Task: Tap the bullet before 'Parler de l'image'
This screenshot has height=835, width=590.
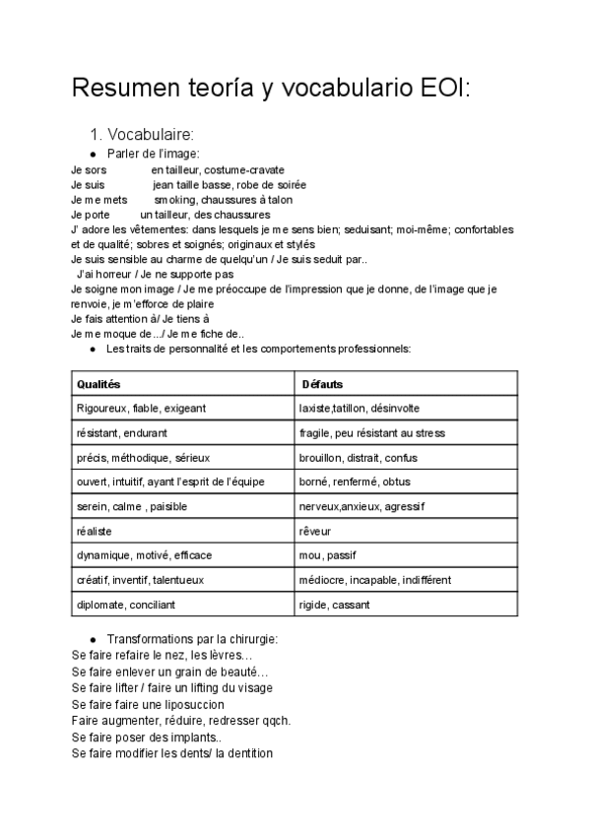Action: pos(92,155)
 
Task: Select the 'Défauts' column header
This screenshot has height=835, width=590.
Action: pos(323,384)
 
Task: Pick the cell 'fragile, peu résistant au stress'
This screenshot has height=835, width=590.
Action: pos(371,433)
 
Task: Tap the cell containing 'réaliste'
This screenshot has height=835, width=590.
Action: pos(95,531)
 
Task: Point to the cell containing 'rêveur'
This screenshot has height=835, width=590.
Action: pos(315,531)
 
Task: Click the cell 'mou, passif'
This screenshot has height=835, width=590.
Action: pos(327,555)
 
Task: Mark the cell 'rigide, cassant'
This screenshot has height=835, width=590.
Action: pos(337,605)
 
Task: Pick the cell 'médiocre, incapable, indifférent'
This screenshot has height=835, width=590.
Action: pos(375,580)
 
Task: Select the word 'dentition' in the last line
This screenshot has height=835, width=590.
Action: pos(247,753)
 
